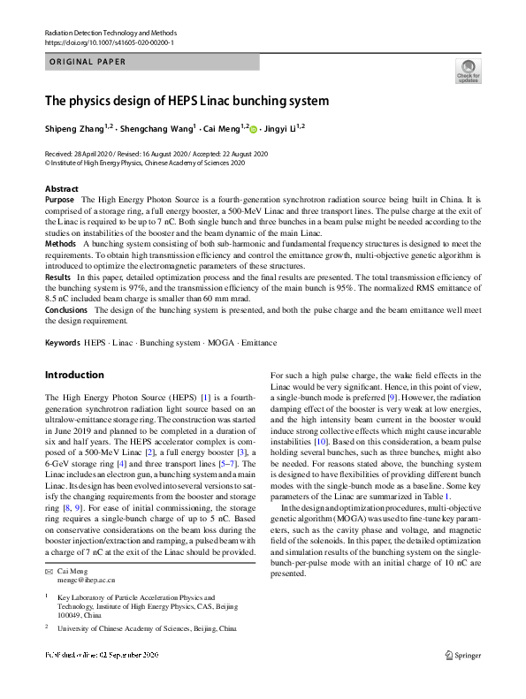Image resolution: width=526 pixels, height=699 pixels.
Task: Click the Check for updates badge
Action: click(x=468, y=70)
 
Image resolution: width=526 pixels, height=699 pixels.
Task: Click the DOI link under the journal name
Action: click(x=109, y=42)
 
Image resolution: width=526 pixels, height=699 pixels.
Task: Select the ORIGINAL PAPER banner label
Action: click(x=88, y=62)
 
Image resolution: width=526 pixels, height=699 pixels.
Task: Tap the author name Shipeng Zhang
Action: click(x=75, y=129)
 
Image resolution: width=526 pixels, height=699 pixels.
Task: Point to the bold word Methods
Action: click(x=60, y=242)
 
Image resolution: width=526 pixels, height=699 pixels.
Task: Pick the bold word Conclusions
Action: click(x=66, y=310)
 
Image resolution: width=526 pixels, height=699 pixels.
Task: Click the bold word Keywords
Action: click(x=63, y=342)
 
